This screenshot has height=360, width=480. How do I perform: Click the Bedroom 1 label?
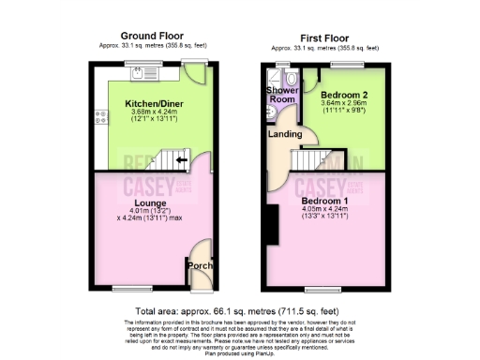[325, 201]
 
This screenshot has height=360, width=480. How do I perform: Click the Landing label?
[285, 134]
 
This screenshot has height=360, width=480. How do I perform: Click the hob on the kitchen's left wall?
[99, 118]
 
